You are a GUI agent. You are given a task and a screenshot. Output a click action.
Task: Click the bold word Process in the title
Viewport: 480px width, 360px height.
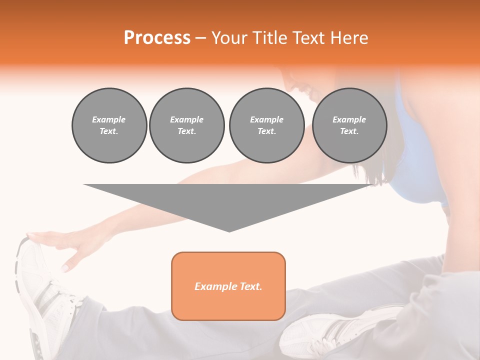click(x=157, y=38)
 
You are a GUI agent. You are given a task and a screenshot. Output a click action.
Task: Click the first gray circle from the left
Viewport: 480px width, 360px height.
click(x=109, y=125)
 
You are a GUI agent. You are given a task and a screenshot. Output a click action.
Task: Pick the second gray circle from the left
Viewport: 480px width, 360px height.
click(x=186, y=125)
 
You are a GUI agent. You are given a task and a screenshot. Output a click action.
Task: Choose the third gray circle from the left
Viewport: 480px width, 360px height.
click(x=266, y=125)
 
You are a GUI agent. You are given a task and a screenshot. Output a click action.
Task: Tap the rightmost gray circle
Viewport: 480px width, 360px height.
click(x=349, y=125)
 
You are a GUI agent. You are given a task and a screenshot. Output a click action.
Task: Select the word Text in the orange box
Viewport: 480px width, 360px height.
click(x=250, y=286)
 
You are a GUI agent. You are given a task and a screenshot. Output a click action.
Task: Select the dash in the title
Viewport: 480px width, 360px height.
click(x=201, y=38)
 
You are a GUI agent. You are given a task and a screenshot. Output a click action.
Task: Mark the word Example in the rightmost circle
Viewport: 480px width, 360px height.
click(x=349, y=119)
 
